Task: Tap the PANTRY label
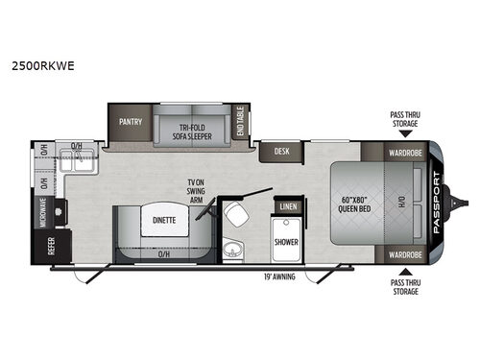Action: tap(132, 123)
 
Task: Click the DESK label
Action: tap(282, 151)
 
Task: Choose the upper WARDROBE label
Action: tap(404, 151)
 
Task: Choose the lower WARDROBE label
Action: tap(404, 254)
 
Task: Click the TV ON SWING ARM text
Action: tap(204, 191)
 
